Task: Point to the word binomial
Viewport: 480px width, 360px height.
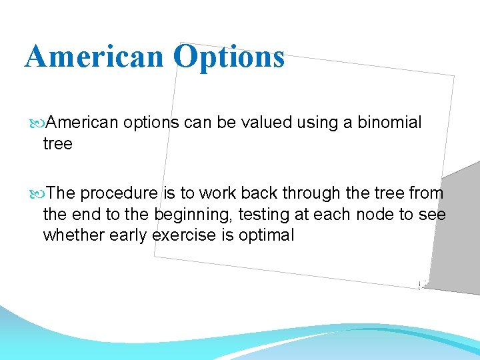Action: click(389, 123)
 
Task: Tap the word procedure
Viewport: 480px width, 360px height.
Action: click(119, 193)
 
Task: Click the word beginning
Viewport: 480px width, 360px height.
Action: click(189, 214)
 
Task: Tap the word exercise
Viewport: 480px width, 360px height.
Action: click(185, 235)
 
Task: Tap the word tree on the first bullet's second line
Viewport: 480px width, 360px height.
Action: click(57, 143)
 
